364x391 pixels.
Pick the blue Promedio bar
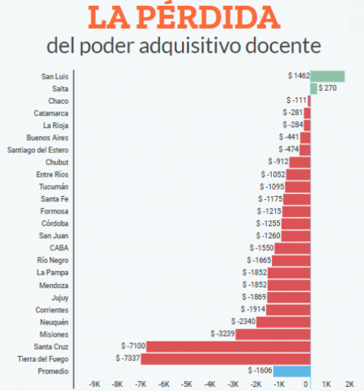[291, 371]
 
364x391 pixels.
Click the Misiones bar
[273, 334]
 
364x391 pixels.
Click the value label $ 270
[328, 88]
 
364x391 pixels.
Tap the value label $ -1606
[260, 371]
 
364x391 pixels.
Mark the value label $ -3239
[223, 334]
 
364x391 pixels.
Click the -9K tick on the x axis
[94, 385]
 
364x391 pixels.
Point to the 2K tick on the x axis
[349, 385]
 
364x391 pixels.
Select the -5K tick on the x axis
[187, 385]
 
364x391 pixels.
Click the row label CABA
[59, 248]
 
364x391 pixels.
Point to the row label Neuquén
[54, 321]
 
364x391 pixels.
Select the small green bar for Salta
[314, 88]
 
